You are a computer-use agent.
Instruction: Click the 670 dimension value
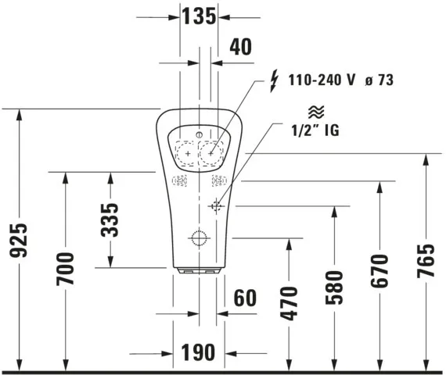[x=380, y=270]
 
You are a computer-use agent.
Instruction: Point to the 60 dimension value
[x=244, y=297]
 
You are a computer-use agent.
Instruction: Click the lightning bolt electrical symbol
[x=273, y=79]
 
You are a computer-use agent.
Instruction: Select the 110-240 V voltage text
[x=320, y=80]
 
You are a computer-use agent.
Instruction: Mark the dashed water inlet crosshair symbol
[x=217, y=205]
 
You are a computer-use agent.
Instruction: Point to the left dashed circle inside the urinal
[x=187, y=155]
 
